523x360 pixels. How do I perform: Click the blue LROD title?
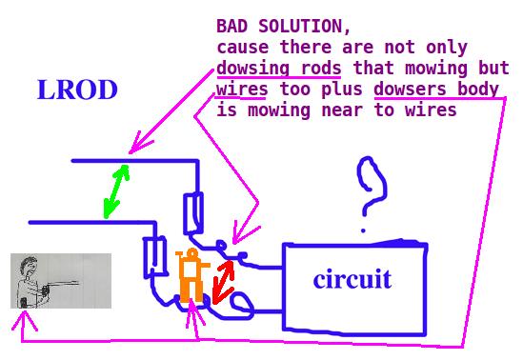(x=77, y=90)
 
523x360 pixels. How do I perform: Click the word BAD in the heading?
(x=232, y=26)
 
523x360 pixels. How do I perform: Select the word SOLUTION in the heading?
(x=305, y=26)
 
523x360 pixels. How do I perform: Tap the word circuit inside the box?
(x=352, y=279)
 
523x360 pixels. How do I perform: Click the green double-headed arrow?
(x=116, y=191)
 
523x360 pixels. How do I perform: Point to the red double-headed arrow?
(x=223, y=282)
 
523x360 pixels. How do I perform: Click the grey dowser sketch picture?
(x=61, y=281)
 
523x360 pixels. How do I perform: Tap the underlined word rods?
(x=320, y=68)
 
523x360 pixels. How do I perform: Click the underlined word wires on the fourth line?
(x=242, y=89)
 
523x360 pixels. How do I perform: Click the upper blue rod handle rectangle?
(x=193, y=212)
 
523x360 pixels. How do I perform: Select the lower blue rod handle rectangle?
(x=154, y=257)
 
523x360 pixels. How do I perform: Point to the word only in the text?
(x=446, y=48)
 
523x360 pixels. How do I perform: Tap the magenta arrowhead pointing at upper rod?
(x=138, y=144)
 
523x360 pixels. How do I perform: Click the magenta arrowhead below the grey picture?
(x=25, y=320)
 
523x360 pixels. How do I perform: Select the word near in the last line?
(x=342, y=110)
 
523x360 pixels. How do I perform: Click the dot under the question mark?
(x=363, y=230)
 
